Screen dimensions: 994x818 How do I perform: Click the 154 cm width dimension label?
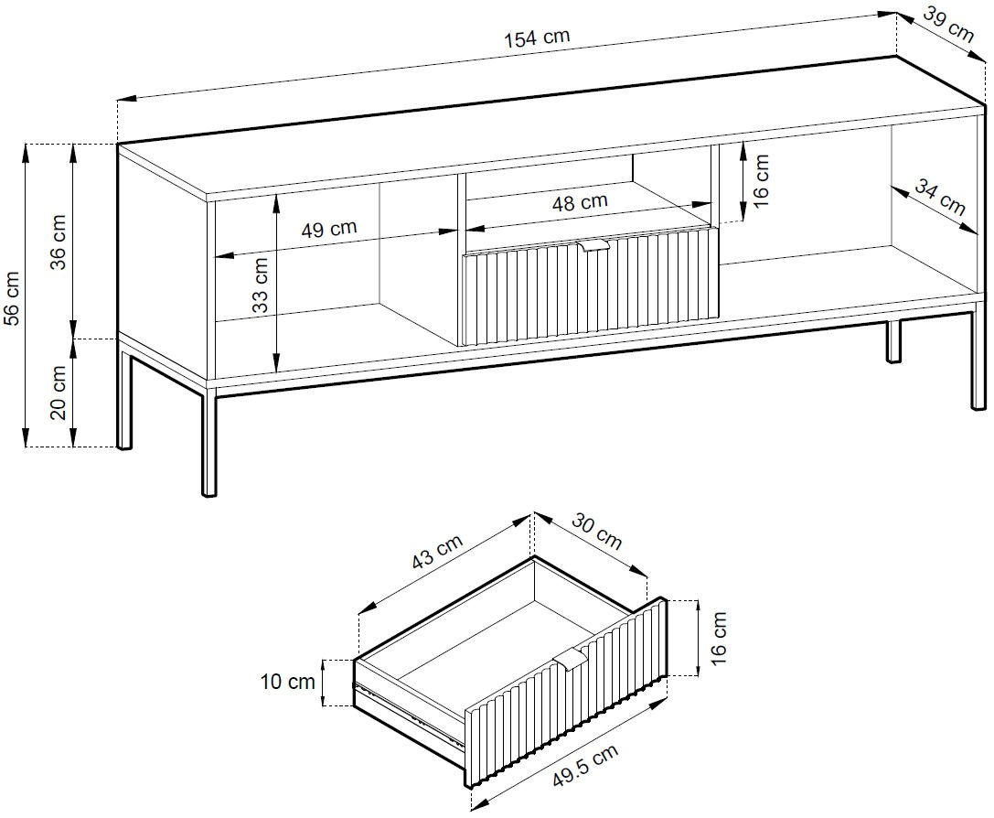click(537, 38)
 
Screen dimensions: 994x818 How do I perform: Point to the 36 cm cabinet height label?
click(58, 242)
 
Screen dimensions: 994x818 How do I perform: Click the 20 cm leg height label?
click(58, 392)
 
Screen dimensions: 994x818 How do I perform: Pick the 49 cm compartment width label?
click(328, 228)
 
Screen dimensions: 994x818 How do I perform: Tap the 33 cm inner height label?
click(260, 285)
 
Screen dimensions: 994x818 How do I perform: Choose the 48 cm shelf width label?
click(580, 203)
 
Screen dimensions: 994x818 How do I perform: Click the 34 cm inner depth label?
click(939, 198)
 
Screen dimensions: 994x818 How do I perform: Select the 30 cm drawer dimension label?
click(596, 530)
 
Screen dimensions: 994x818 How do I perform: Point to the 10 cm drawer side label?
click(287, 682)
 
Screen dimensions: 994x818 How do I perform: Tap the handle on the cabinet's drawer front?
click(594, 246)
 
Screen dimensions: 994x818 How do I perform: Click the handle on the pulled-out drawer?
click(571, 659)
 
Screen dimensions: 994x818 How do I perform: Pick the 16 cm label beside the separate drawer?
click(719, 639)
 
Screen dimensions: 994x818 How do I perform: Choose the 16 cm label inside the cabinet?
click(761, 181)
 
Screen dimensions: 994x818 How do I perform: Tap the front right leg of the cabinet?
click(978, 360)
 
